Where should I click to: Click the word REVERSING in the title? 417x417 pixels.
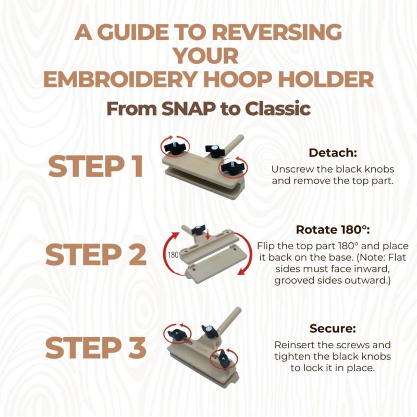[x=277, y=32]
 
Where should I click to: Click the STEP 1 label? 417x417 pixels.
[x=96, y=166]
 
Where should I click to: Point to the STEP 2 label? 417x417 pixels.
[x=96, y=254]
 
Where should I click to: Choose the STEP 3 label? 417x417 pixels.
[x=96, y=347]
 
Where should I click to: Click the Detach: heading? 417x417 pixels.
[x=333, y=153]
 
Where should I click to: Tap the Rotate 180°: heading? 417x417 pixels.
[x=333, y=230]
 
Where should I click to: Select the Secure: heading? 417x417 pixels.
[x=333, y=328]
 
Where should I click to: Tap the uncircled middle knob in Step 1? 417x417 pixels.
[x=214, y=151]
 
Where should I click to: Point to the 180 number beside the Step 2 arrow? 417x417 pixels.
[x=173, y=255]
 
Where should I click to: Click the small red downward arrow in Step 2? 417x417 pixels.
[x=209, y=234]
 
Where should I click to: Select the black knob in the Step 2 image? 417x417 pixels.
[x=199, y=230]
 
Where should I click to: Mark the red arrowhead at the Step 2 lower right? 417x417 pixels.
[x=241, y=271]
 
